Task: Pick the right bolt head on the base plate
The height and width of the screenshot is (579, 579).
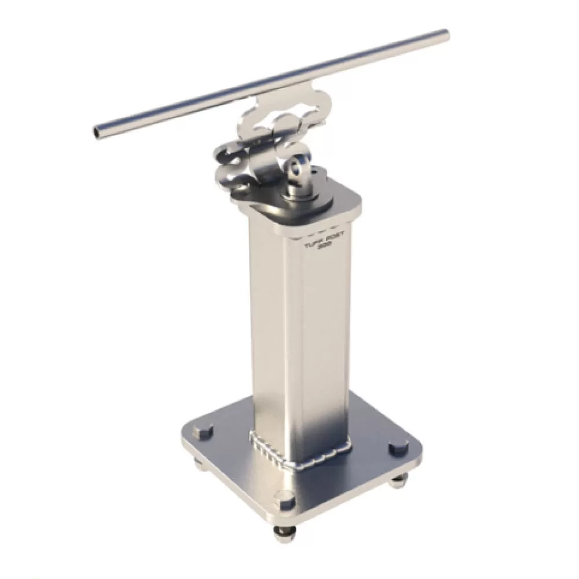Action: [398, 448]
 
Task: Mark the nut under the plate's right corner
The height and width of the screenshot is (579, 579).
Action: [396, 479]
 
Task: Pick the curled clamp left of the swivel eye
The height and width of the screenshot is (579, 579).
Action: [232, 165]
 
